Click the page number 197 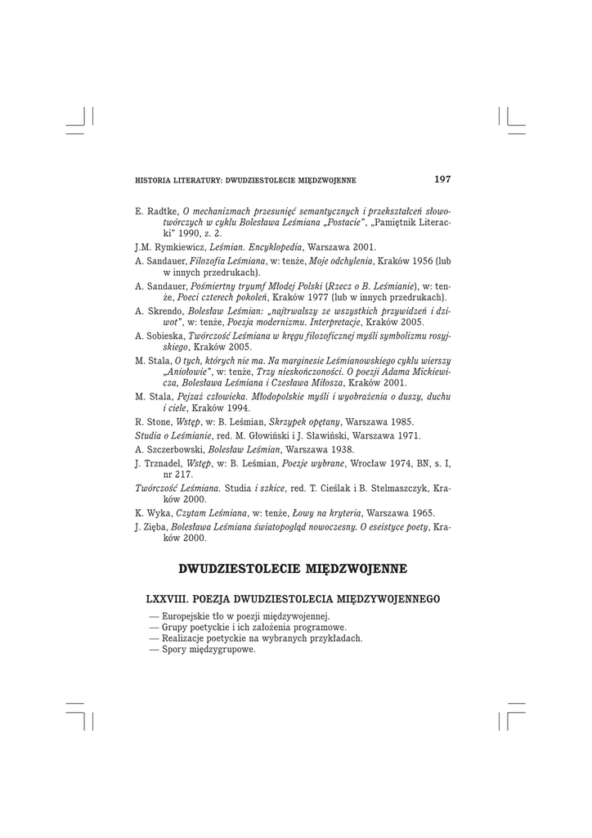pyautogui.click(x=442, y=179)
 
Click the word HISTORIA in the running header pyautogui.click(x=151, y=181)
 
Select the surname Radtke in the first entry pyautogui.click(x=162, y=211)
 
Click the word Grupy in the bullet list pyautogui.click(x=177, y=627)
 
